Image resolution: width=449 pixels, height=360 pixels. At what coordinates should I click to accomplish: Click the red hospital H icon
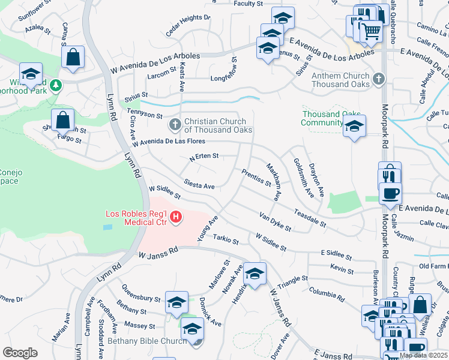point(176,217)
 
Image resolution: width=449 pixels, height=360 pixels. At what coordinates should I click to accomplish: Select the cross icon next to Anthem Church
point(378,79)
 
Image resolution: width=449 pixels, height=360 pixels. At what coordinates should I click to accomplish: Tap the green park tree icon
point(55,86)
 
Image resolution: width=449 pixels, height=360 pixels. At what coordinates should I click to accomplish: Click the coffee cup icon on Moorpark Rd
point(390,193)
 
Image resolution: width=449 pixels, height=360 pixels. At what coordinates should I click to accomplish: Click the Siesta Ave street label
point(199,186)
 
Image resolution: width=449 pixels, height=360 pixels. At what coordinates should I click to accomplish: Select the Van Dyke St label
point(275,221)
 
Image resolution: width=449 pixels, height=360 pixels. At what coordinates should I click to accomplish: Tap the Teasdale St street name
point(309,218)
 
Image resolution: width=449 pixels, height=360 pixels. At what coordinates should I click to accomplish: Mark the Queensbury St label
point(140,298)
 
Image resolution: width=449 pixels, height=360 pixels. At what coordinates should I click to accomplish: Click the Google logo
point(20,353)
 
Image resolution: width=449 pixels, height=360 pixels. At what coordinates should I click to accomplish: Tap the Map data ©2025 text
point(423,355)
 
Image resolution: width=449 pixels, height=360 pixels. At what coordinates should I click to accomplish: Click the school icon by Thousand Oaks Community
point(354,127)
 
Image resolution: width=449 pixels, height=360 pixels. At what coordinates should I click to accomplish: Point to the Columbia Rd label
point(327,294)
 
